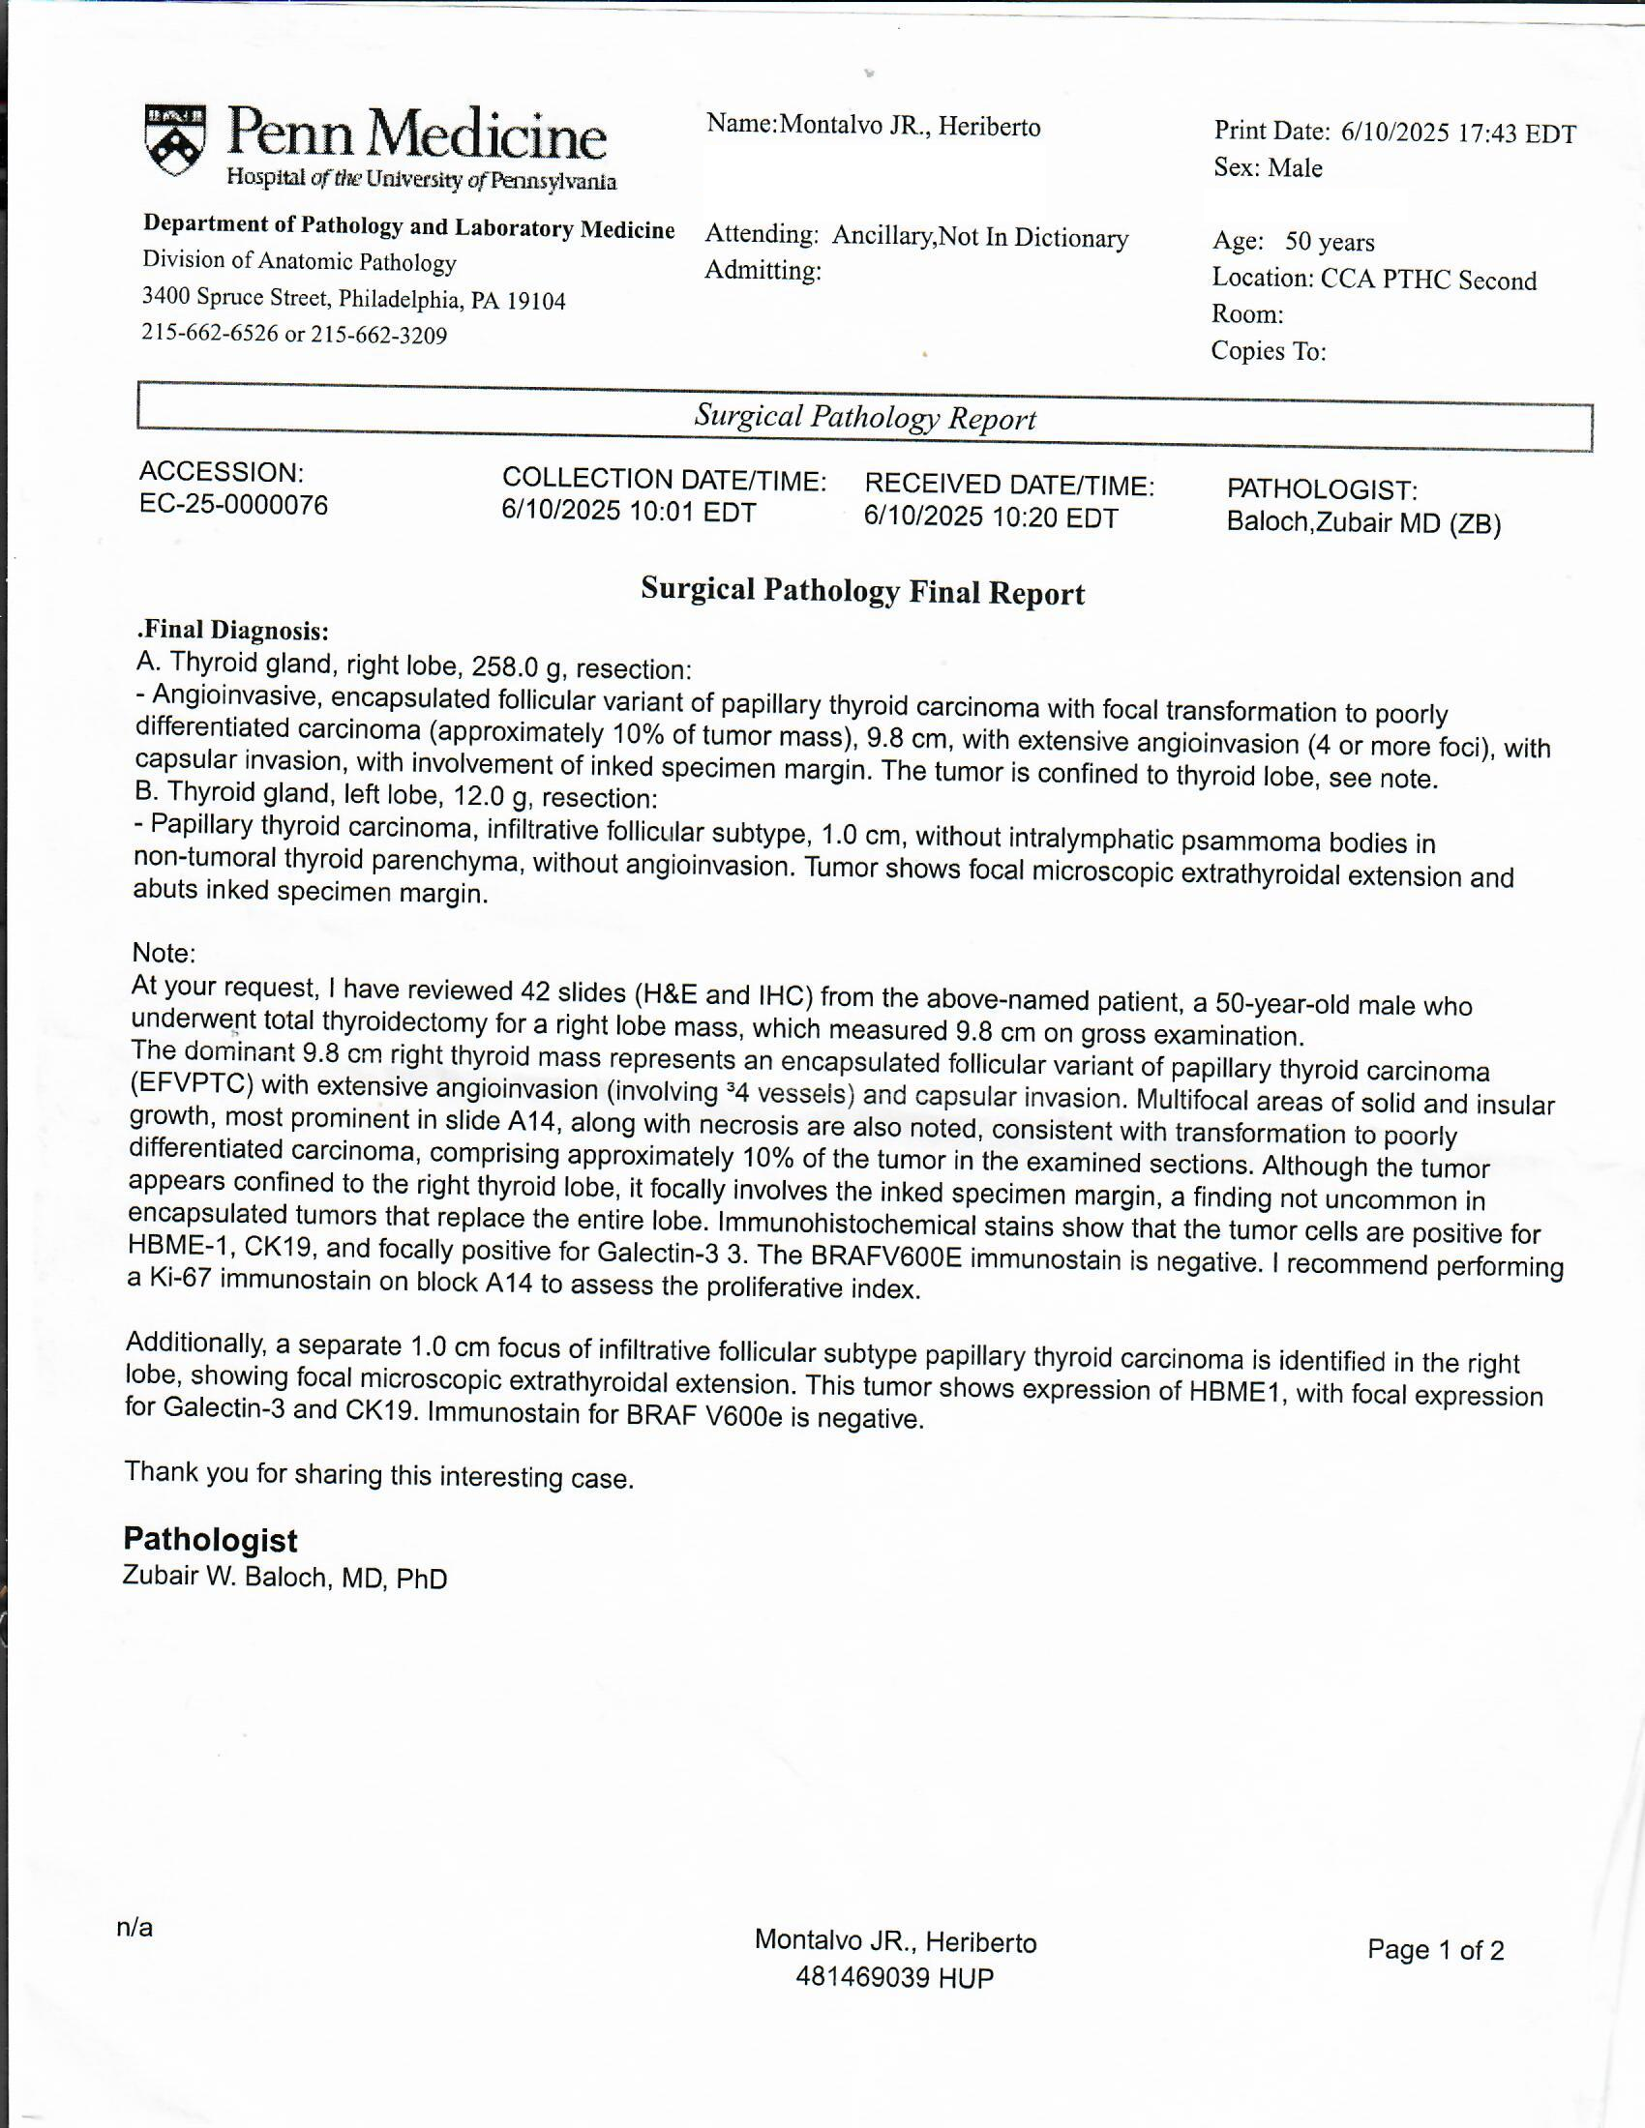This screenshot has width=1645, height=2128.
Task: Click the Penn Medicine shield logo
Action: pos(175,140)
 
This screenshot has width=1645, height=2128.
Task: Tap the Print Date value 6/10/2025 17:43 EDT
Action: pos(1458,133)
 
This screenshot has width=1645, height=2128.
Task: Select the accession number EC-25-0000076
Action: pos(234,505)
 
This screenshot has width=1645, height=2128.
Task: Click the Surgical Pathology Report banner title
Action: pos(864,417)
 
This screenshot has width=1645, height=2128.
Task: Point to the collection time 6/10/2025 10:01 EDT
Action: pos(629,512)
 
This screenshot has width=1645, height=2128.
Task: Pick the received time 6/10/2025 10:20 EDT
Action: pos(990,517)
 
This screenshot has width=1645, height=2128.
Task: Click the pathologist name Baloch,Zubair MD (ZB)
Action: pos(1363,523)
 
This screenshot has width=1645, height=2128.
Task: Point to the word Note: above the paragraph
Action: pos(164,952)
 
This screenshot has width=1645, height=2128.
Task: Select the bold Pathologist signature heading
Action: pos(210,1540)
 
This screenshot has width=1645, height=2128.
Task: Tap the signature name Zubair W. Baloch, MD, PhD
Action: pos(284,1578)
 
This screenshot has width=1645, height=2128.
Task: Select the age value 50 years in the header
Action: pos(1330,242)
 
